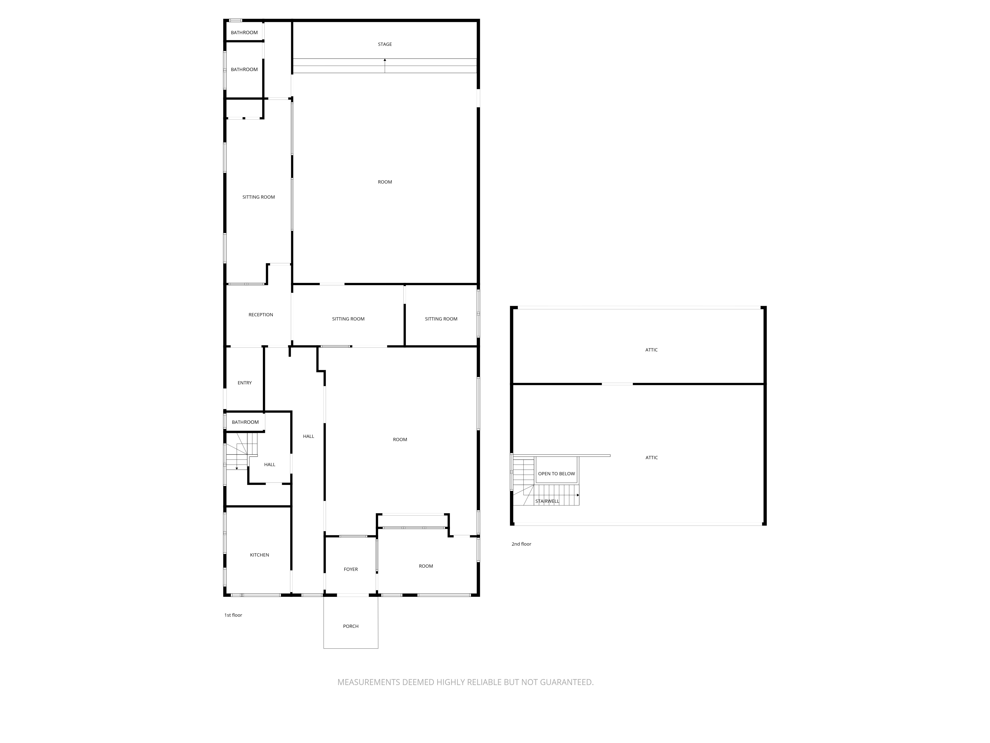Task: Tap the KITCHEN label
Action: pos(260,555)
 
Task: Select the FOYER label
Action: pos(351,569)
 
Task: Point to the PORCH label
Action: pos(351,626)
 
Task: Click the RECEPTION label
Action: pos(261,315)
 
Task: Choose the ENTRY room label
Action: pos(245,383)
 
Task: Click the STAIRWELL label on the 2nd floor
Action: pos(547,501)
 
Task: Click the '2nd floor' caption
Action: pos(521,544)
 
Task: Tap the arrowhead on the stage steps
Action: pos(385,60)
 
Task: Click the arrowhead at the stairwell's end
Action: pos(578,495)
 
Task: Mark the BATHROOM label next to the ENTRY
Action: pos(245,422)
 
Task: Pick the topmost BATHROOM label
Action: pos(244,33)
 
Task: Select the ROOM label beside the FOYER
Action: pos(426,566)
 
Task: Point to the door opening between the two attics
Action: pos(617,384)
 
